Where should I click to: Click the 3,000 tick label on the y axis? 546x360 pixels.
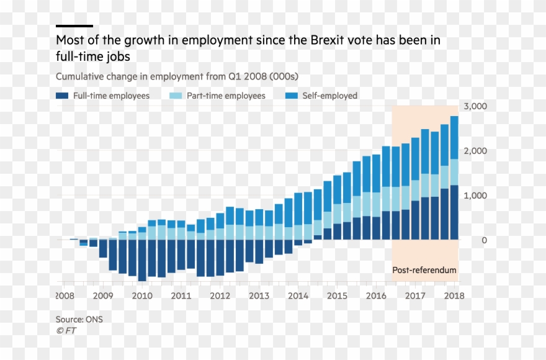[475, 107]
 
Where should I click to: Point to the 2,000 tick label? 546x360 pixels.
[475, 151]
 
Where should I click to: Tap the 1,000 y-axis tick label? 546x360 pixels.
[475, 196]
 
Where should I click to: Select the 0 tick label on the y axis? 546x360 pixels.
[484, 240]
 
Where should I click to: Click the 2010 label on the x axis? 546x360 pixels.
[142, 295]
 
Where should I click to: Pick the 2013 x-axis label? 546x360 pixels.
[259, 295]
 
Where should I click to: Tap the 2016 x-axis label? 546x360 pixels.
[376, 295]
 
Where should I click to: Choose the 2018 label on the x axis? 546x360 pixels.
[454, 295]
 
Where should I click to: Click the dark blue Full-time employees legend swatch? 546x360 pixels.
[62, 96]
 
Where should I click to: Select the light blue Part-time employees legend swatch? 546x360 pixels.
[176, 96]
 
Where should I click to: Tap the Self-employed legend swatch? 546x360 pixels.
[291, 96]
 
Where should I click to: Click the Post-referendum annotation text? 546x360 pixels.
[424, 270]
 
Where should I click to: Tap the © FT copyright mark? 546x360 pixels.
[66, 330]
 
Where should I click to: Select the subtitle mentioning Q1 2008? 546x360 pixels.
[177, 76]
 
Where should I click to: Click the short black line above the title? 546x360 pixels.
[74, 26]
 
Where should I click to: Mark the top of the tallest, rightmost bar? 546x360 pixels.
[454, 117]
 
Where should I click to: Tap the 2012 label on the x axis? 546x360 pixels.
[220, 295]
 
